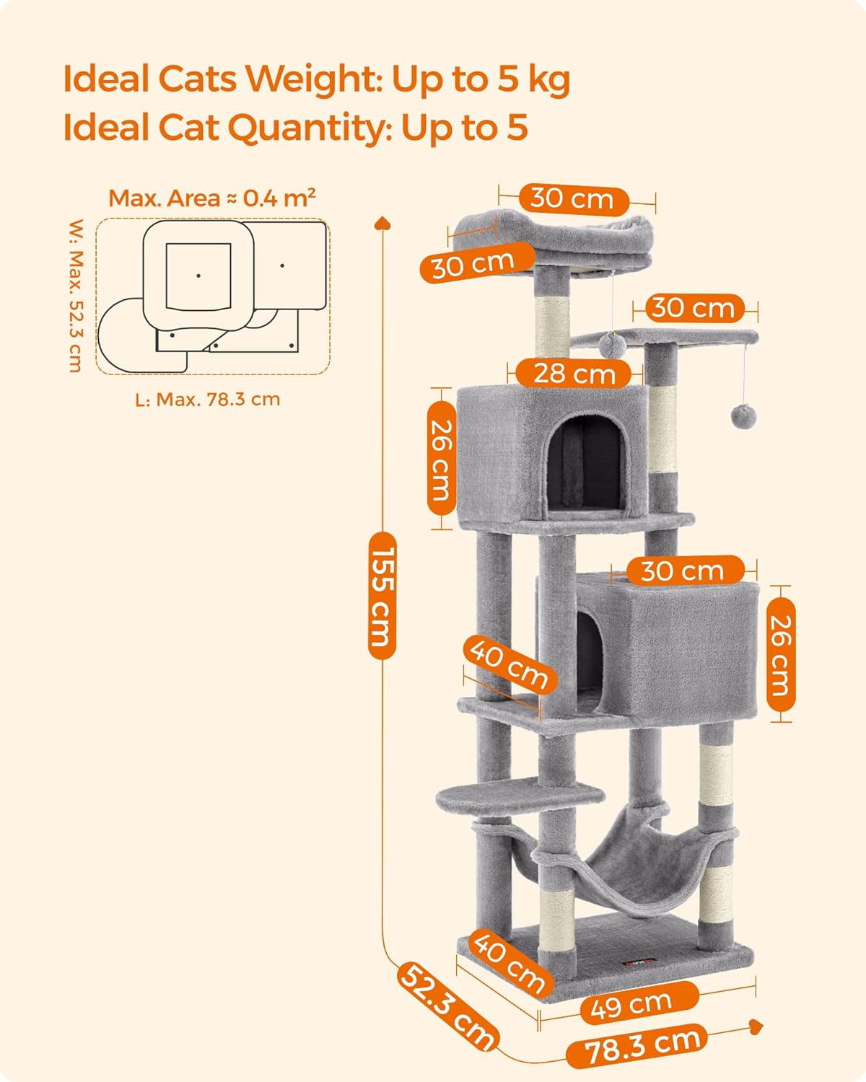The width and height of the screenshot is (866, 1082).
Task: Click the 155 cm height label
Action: pos(382,595)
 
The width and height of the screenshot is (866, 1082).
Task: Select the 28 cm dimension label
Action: pos(574,374)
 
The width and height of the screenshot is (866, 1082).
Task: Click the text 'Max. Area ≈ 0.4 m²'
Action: pos(212,198)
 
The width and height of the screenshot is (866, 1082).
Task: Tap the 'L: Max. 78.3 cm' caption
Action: pos(207,400)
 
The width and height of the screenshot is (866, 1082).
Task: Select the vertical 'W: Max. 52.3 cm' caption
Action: pos(76,296)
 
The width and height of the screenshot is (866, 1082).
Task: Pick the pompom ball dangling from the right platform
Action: pos(744,416)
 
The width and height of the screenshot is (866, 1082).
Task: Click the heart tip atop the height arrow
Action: pos(382,222)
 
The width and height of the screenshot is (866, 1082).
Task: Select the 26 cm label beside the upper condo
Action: pos(442,459)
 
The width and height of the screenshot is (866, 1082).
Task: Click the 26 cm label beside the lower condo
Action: pos(780,654)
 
